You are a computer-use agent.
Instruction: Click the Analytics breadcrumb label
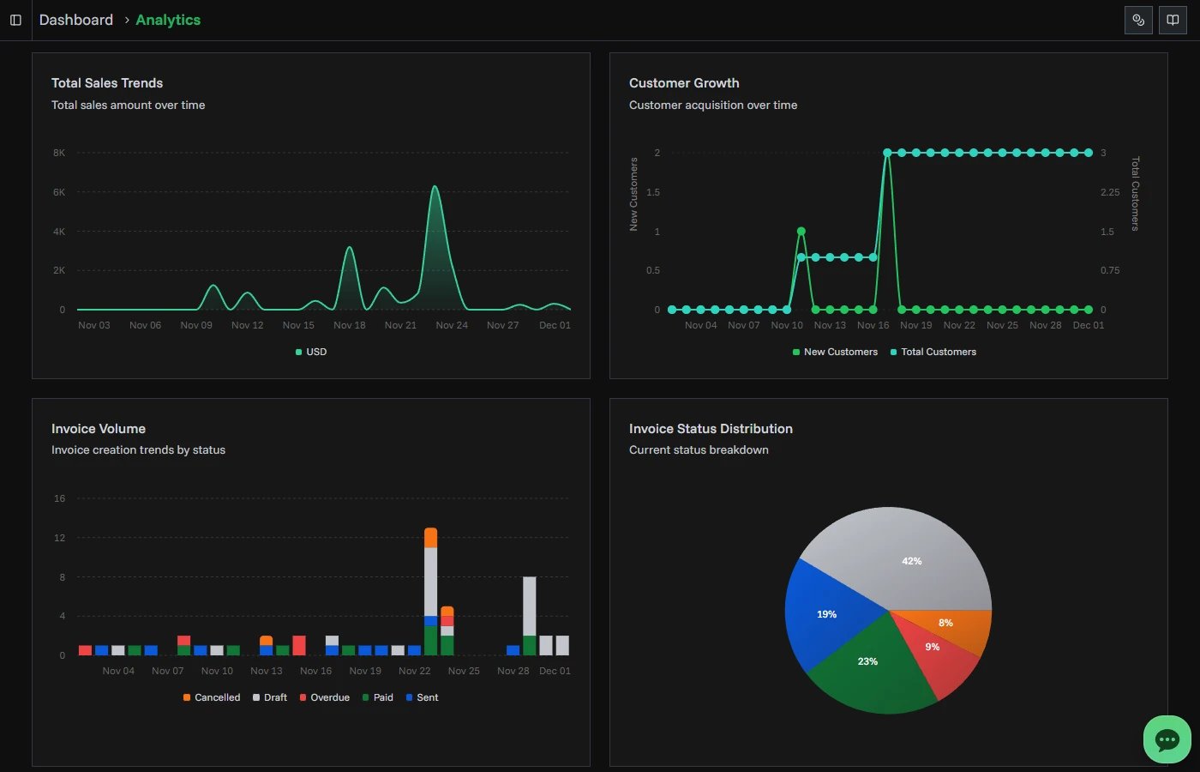(168, 20)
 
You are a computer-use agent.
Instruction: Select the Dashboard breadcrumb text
(76, 20)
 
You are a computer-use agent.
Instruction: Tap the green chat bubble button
(1167, 739)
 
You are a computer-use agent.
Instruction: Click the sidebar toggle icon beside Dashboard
(15, 20)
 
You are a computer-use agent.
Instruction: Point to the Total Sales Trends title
(107, 83)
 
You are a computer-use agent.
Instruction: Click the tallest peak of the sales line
(435, 186)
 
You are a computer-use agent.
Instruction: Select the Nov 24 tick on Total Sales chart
(452, 325)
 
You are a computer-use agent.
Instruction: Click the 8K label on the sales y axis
(59, 153)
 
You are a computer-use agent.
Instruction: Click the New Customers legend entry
(836, 352)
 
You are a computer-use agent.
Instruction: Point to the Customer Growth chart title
(684, 83)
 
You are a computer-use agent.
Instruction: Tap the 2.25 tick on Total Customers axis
(1110, 192)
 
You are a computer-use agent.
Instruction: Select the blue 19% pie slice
(826, 614)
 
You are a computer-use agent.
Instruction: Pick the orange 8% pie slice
(951, 624)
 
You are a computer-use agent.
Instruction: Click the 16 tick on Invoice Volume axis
(59, 498)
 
